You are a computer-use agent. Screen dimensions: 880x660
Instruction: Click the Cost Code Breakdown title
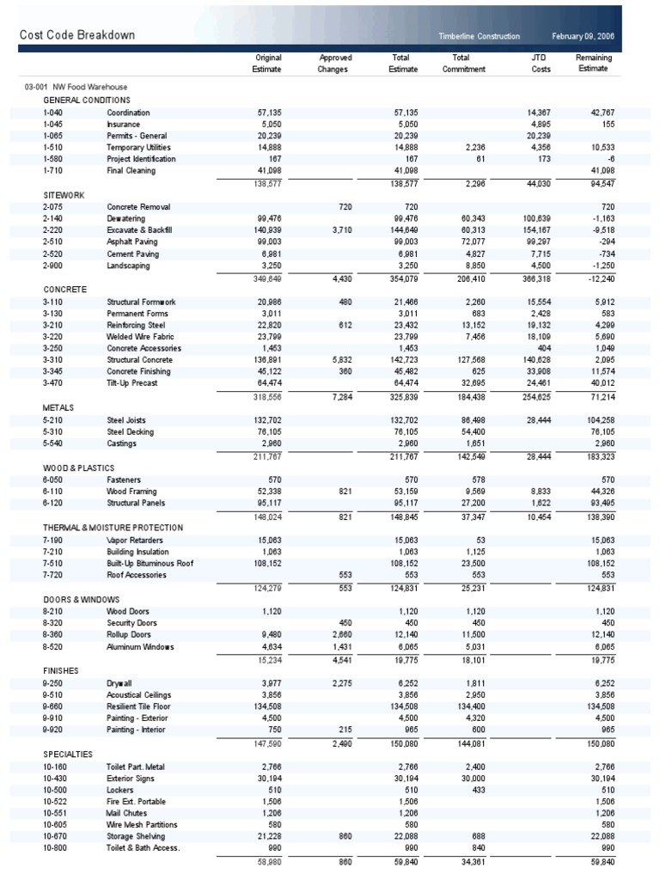[77, 35]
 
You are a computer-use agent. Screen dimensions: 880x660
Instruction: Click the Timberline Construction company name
[480, 36]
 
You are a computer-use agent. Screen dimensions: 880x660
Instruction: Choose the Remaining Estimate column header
[592, 63]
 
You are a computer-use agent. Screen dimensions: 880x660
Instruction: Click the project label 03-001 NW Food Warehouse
[76, 88]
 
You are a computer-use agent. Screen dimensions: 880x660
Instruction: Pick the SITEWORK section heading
[64, 195]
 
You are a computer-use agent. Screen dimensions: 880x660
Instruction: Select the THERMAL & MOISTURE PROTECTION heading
[113, 527]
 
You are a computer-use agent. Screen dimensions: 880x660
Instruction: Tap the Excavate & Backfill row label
[139, 231]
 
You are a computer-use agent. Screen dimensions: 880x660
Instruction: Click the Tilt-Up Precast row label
[131, 383]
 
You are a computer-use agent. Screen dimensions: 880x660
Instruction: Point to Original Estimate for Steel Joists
[267, 420]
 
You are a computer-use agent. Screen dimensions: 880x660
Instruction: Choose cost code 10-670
[55, 836]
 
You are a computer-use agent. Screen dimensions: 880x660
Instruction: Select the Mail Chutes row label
[127, 812]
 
